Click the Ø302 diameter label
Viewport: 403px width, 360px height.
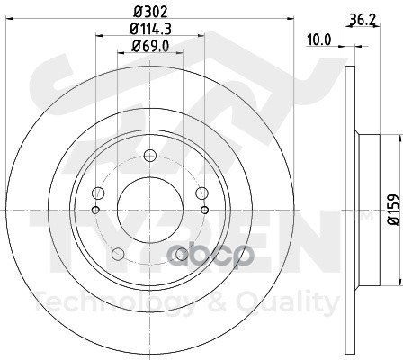(150, 12)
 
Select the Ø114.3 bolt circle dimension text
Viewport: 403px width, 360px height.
(150, 29)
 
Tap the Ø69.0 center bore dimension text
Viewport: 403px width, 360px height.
(150, 46)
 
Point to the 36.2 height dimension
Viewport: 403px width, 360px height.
(363, 21)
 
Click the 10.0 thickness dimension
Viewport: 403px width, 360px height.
(319, 40)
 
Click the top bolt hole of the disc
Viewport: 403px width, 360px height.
(150, 156)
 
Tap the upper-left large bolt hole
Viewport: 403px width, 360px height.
(98, 193)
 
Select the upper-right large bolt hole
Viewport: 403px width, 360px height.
(201, 193)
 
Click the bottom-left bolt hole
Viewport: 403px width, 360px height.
(118, 254)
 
